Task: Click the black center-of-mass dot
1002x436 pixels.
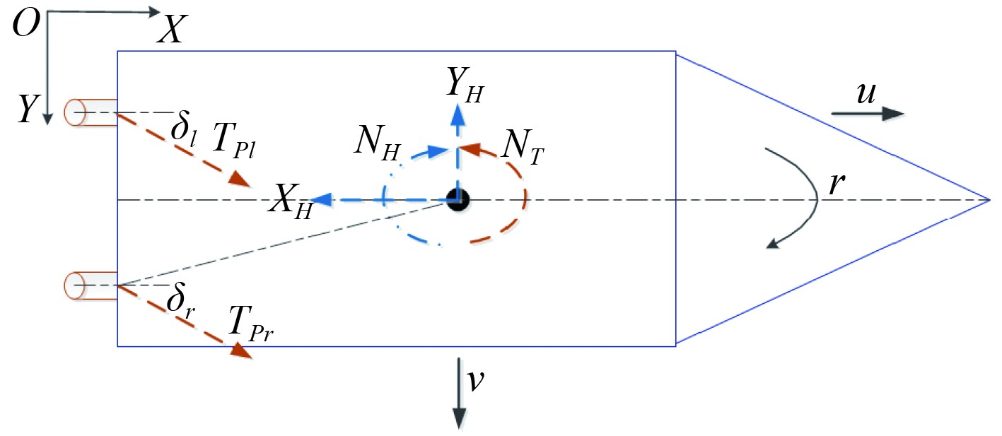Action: pyautogui.click(x=458, y=200)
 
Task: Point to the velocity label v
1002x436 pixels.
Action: pyautogui.click(x=475, y=381)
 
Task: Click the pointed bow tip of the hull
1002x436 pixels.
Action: pyautogui.click(x=987, y=200)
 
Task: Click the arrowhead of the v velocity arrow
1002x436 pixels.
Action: pyautogui.click(x=459, y=420)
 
